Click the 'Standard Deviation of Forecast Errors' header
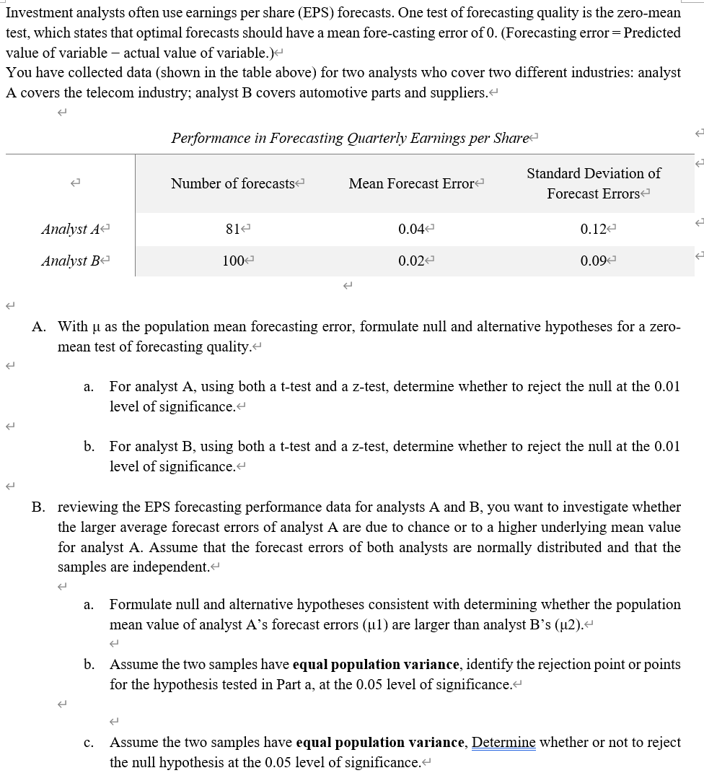[x=593, y=183]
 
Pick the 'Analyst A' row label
[x=70, y=230]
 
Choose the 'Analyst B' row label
[x=70, y=261]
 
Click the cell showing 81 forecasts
[x=232, y=230]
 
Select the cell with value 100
[x=232, y=261]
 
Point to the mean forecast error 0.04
[x=410, y=230]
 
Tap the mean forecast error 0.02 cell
[x=410, y=261]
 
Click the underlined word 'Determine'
[x=503, y=743]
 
